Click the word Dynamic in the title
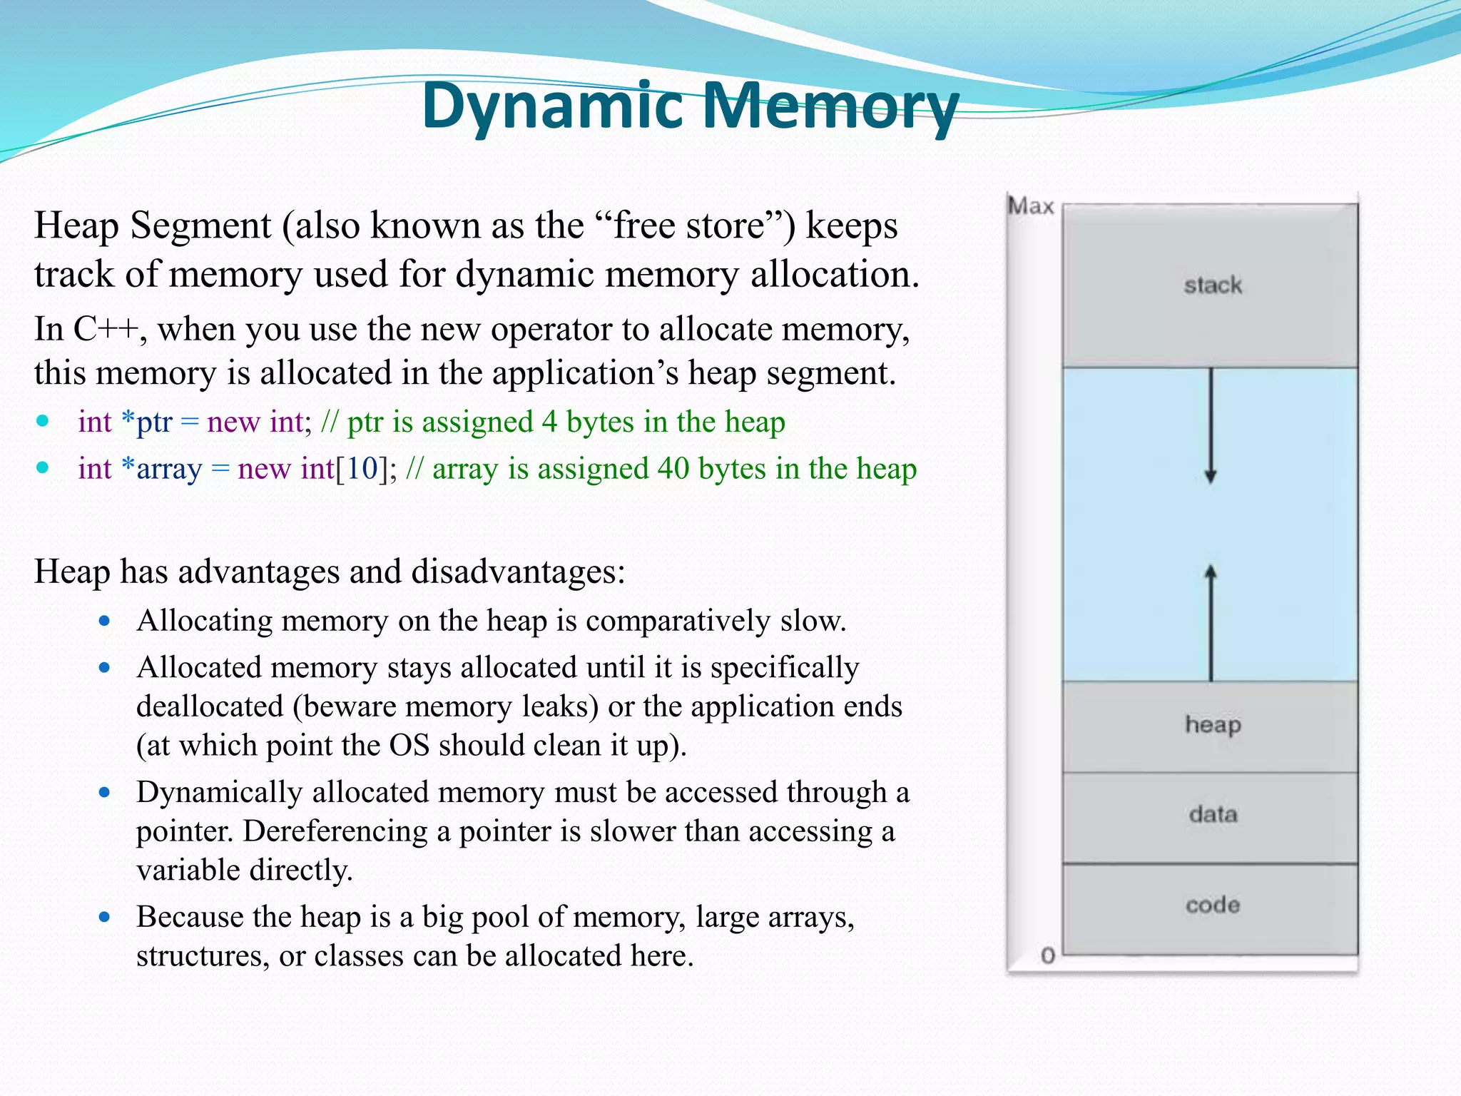[x=553, y=107]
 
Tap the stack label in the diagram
[x=1212, y=285]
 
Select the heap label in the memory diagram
[x=1212, y=725]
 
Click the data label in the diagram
[x=1212, y=814]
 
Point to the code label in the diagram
[x=1212, y=905]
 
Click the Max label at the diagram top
[x=1030, y=206]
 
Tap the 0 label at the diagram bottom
[x=1047, y=955]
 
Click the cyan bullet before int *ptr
[x=43, y=421]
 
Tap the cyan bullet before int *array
[x=43, y=468]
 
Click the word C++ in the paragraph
[x=106, y=330]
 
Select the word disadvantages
[x=512, y=572]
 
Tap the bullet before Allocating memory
[x=105, y=621]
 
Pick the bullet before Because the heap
[x=105, y=917]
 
